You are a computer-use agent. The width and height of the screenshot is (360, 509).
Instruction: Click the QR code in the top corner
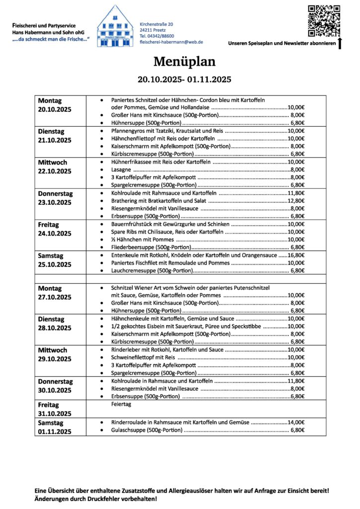pyautogui.click(x=324, y=20)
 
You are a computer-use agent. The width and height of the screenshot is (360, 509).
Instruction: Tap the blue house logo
pyautogui.click(x=115, y=27)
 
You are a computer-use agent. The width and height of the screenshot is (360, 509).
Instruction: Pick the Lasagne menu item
pyautogui.click(x=122, y=170)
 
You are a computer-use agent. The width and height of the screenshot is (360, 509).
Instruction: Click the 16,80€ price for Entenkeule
pyautogui.click(x=296, y=254)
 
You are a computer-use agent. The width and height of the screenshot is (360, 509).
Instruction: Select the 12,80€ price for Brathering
pyautogui.click(x=296, y=201)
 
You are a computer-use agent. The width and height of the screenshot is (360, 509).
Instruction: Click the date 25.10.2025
pyautogui.click(x=55, y=264)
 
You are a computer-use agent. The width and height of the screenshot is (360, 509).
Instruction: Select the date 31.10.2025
pyautogui.click(x=55, y=414)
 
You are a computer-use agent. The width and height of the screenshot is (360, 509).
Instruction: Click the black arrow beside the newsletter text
pyautogui.click(x=340, y=43)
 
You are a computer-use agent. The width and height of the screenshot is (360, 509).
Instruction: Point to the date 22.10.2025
pyautogui.click(x=55, y=171)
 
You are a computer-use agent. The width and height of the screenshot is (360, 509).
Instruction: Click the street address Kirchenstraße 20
pyautogui.click(x=157, y=24)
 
